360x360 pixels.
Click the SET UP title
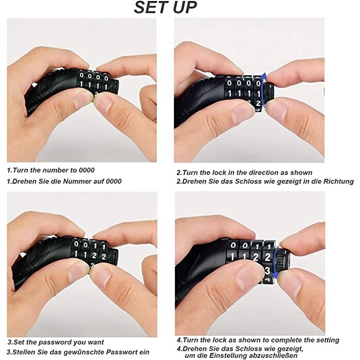click(x=165, y=8)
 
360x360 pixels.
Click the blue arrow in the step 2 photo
click(x=264, y=90)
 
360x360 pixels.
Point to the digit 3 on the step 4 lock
click(x=267, y=270)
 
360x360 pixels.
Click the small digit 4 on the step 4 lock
click(x=268, y=280)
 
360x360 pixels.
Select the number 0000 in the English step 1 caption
click(x=87, y=170)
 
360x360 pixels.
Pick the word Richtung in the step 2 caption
click(x=338, y=182)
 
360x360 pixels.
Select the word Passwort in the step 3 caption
click(x=126, y=352)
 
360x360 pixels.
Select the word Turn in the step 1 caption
click(x=21, y=170)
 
